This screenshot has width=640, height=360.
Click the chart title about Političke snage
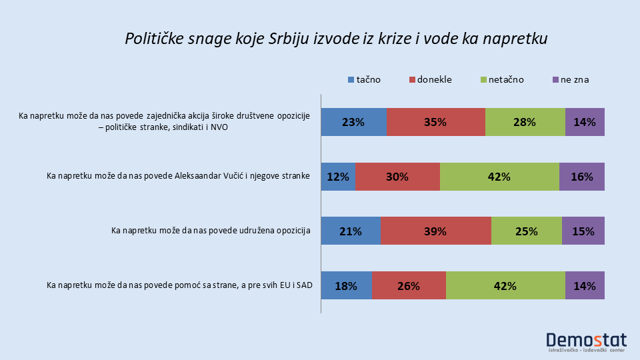[x=336, y=39]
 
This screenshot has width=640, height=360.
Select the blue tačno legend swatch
[x=351, y=80]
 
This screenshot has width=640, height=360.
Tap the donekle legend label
[x=434, y=79]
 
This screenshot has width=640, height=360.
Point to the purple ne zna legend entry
[x=570, y=79]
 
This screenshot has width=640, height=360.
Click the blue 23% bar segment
[x=353, y=122]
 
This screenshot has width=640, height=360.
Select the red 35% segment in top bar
[x=435, y=122]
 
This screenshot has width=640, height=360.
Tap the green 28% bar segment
[x=525, y=122]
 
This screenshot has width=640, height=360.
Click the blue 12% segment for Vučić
[x=338, y=177]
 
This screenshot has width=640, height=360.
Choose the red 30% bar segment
[x=397, y=177]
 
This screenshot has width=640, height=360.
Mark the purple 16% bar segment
[x=582, y=177]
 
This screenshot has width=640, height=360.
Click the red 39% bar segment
[x=436, y=231]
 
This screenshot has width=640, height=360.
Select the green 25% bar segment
[x=527, y=231]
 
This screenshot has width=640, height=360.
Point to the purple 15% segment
[x=583, y=231]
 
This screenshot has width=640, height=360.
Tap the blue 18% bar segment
[x=346, y=286]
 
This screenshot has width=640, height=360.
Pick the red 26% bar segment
[x=409, y=286]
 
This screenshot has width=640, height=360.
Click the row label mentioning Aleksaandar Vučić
[x=178, y=177]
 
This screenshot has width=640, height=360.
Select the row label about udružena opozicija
[x=211, y=231]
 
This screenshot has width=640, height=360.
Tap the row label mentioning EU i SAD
[x=178, y=286]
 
